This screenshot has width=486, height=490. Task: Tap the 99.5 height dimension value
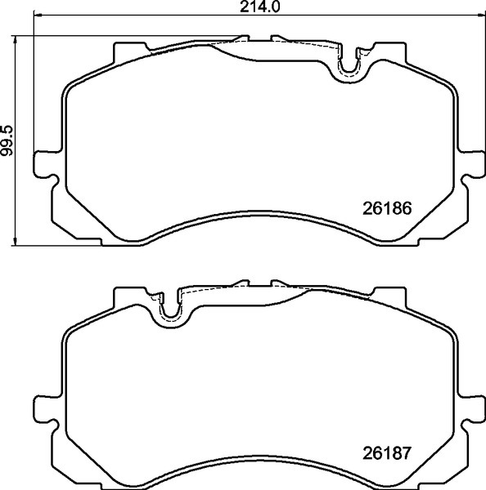click(7, 140)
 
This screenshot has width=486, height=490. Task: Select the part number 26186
click(386, 207)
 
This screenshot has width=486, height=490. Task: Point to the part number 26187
click(386, 452)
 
